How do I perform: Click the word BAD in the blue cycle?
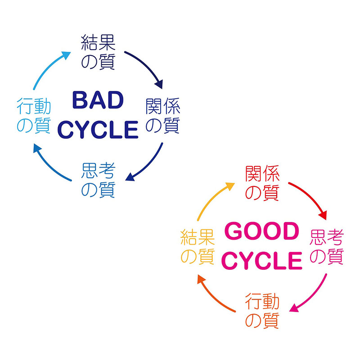98,100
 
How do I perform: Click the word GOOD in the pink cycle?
262,232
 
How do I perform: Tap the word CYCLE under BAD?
98,129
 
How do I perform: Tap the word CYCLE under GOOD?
262,261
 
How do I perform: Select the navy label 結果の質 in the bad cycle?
98,52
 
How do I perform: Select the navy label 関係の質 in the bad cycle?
163,116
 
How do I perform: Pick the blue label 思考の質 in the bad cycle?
98,180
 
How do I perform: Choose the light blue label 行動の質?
33,116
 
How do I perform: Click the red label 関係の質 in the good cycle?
262,183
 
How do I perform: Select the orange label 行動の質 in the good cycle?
262,311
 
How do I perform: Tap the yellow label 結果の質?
197,247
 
